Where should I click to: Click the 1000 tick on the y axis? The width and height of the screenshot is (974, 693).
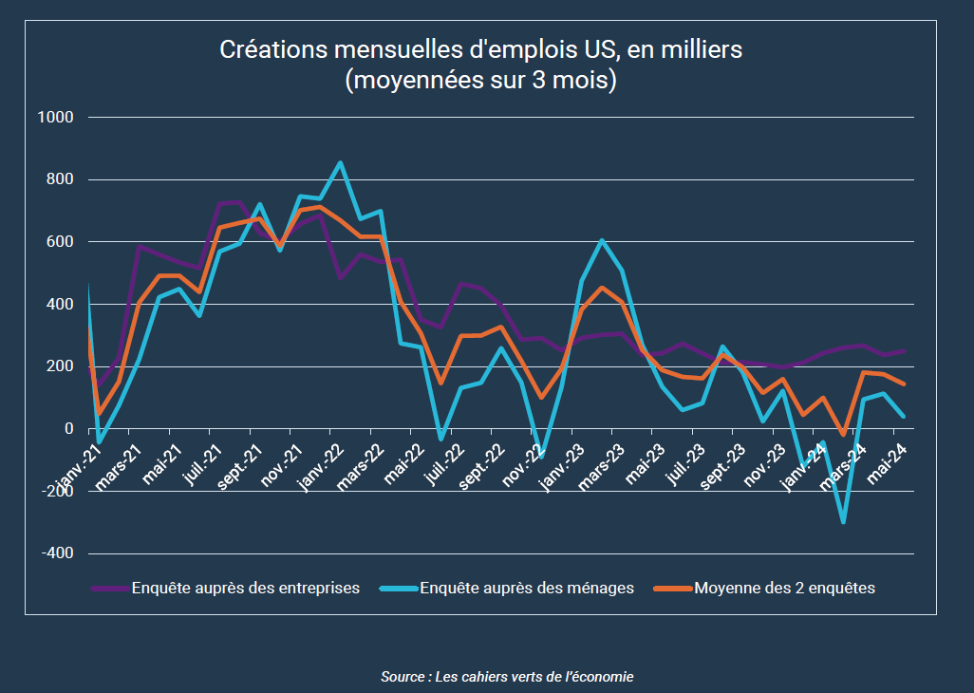(x=54, y=118)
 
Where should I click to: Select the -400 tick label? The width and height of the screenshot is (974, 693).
(x=55, y=553)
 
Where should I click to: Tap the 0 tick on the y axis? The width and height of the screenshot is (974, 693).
(x=68, y=429)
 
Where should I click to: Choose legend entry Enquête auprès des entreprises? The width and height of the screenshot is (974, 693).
(x=246, y=588)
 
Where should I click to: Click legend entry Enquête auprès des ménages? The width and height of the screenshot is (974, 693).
(x=527, y=588)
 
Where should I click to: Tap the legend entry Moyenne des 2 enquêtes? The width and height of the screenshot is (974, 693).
(x=784, y=588)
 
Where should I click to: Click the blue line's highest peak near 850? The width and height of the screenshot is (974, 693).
(x=341, y=162)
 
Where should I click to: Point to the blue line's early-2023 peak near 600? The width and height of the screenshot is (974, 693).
(x=601, y=240)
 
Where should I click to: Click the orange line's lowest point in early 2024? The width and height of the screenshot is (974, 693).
(x=843, y=408)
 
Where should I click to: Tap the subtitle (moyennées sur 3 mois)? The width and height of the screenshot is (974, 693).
(x=481, y=80)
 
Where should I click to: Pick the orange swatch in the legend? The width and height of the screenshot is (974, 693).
(x=672, y=589)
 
